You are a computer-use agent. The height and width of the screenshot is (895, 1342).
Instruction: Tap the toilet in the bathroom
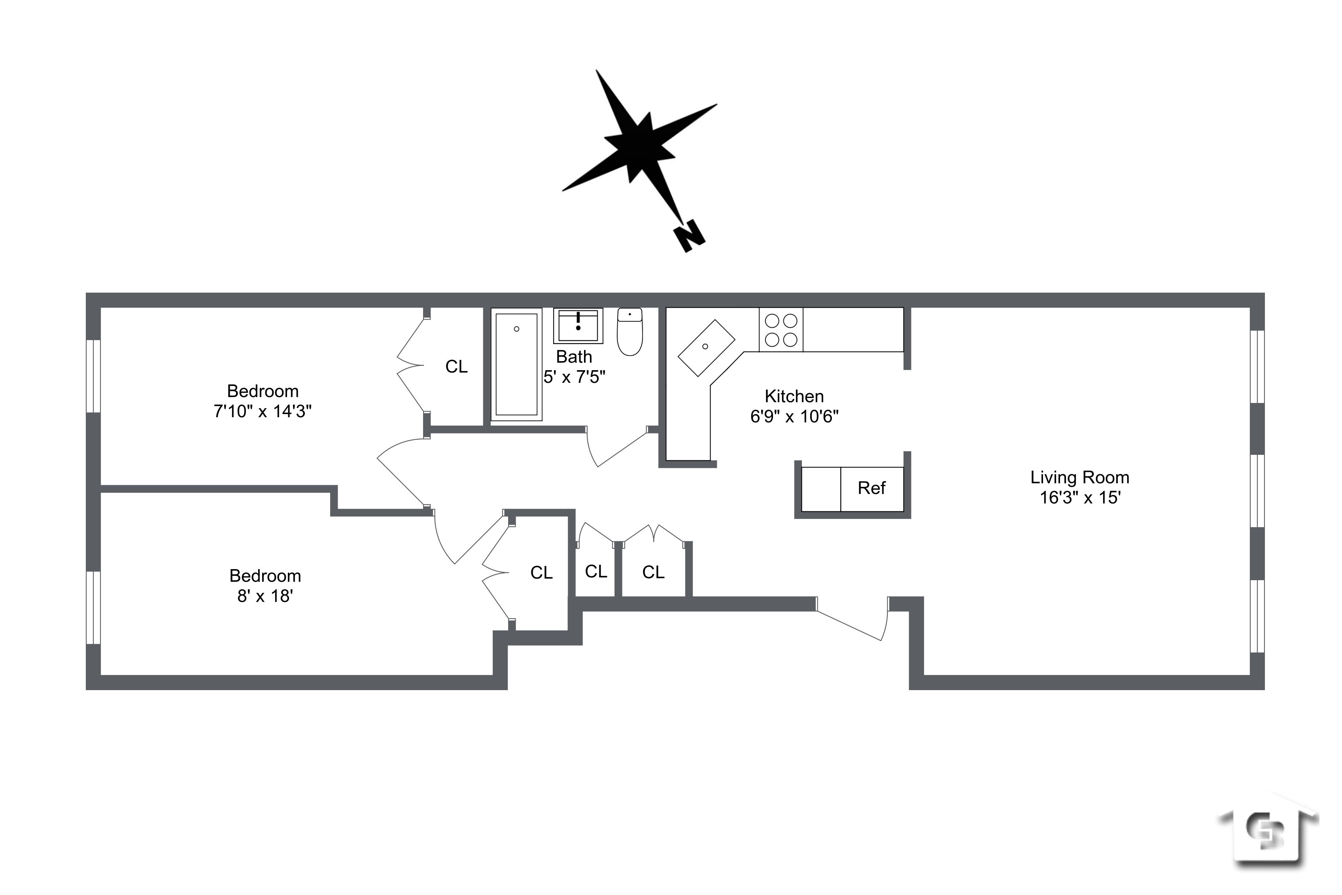[629, 332]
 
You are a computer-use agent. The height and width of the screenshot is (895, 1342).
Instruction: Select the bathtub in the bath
[516, 364]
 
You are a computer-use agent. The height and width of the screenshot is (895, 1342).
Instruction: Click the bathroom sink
[578, 326]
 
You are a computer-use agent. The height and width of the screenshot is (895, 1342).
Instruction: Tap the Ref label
[871, 488]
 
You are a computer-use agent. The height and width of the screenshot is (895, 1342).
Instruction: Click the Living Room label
[1079, 477]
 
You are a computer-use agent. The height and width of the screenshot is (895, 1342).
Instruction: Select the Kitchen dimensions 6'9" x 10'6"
[794, 417]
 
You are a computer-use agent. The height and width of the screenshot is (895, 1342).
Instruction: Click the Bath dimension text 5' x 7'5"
[574, 377]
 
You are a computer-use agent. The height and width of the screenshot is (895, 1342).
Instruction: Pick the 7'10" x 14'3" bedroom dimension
[263, 411]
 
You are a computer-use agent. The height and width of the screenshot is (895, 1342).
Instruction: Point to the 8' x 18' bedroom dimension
[265, 596]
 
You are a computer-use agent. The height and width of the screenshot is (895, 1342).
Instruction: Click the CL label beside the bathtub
[456, 367]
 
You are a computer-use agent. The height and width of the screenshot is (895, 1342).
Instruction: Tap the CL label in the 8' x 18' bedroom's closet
[541, 573]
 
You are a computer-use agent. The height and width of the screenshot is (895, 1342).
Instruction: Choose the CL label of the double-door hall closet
[653, 572]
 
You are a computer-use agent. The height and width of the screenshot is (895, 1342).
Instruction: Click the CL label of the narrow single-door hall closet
[596, 571]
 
